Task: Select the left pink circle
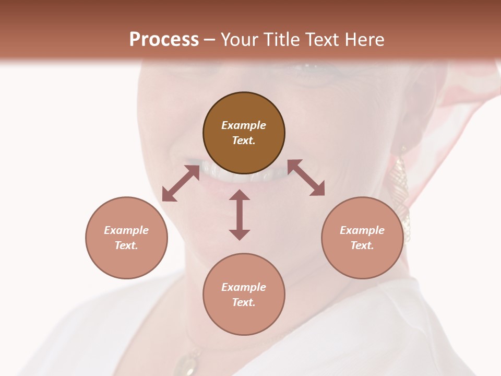[126, 238]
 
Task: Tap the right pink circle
[362, 238]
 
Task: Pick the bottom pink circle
[244, 294]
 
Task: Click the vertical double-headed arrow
[240, 215]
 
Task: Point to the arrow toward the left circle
[181, 183]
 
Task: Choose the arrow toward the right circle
[306, 178]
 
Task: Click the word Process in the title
[164, 39]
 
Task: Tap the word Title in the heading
[282, 39]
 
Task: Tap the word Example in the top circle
[244, 125]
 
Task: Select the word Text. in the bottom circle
[244, 302]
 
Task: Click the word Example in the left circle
[126, 230]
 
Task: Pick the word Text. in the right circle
[362, 245]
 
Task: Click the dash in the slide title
[210, 39]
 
